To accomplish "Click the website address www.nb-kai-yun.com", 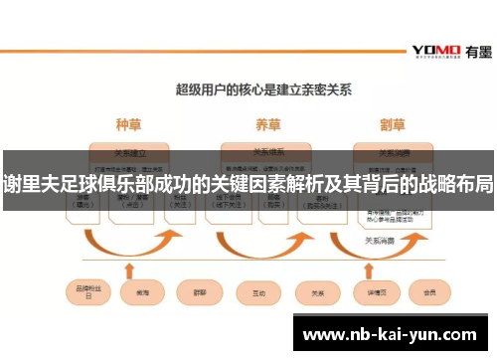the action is (395, 333).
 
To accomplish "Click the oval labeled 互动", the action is (259, 293).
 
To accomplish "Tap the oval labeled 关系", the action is (318, 293).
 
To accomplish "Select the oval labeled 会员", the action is (430, 293).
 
